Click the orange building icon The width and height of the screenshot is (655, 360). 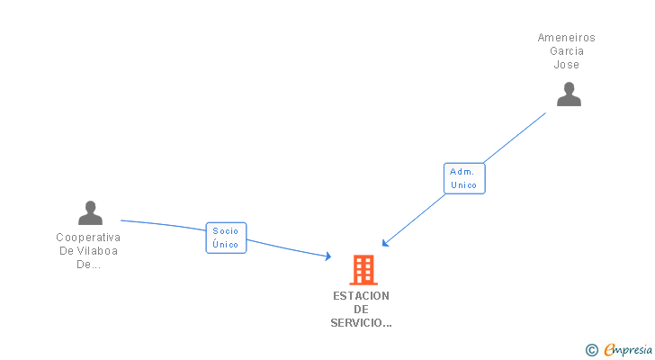[363, 269]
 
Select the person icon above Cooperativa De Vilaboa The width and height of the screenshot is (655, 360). [90, 213]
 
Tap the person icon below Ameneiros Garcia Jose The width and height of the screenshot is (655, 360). [569, 94]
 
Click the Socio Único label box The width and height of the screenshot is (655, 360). [226, 238]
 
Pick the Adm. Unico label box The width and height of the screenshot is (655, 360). [464, 177]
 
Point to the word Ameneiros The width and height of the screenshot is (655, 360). [567, 38]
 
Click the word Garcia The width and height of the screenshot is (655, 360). [567, 51]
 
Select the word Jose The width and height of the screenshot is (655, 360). [567, 65]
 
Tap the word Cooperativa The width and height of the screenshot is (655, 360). [88, 238]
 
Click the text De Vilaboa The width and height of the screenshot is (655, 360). [88, 251]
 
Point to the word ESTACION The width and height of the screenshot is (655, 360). [361, 295]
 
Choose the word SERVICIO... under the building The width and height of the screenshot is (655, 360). [361, 322]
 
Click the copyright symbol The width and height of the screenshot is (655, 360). [591, 349]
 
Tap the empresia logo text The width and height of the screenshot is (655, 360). [628, 349]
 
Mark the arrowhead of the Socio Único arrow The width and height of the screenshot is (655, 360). [328, 257]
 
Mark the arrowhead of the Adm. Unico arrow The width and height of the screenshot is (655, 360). [384, 243]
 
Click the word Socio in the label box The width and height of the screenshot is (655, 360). [226, 231]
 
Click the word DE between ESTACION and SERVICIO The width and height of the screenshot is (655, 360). [361, 309]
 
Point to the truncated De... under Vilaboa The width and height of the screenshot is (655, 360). [88, 265]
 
